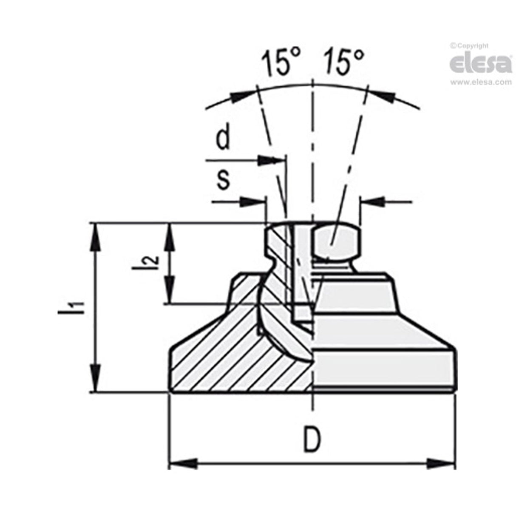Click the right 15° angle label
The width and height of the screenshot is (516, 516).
[x=344, y=63]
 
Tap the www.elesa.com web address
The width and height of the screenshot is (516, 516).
[x=481, y=82]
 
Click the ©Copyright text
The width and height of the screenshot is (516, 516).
[x=469, y=45]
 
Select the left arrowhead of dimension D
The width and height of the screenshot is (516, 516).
[x=183, y=464]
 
